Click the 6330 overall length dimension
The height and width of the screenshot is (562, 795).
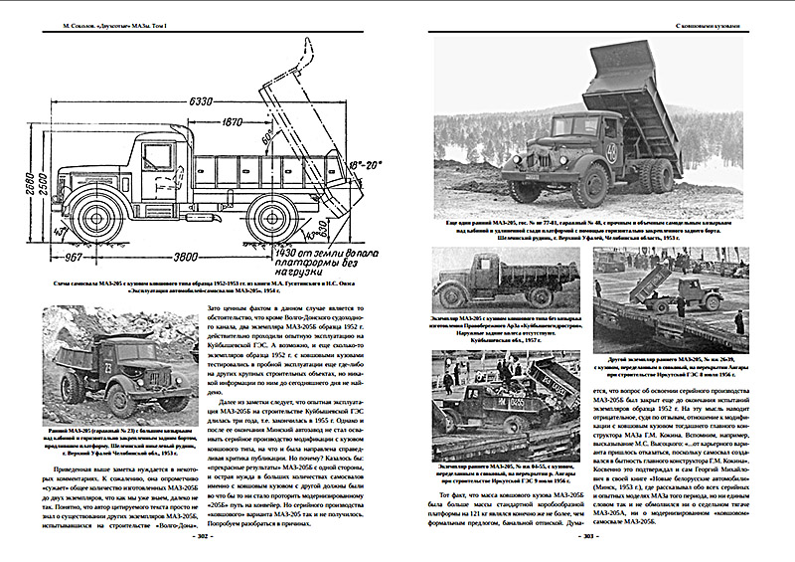pyautogui.click(x=203, y=100)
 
